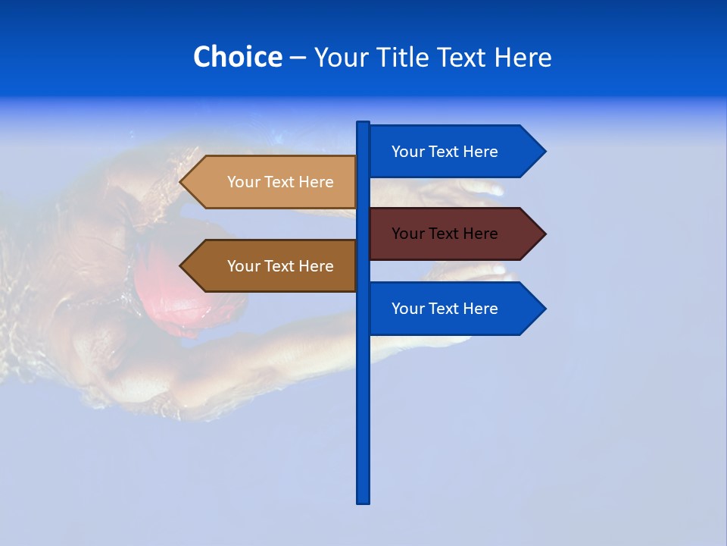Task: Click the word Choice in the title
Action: [x=237, y=57]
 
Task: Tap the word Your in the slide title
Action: [x=340, y=57]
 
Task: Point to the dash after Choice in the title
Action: [x=298, y=58]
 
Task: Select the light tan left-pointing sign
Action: [x=273, y=182]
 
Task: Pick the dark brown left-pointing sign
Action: [x=273, y=266]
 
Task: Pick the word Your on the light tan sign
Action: [x=244, y=182]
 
